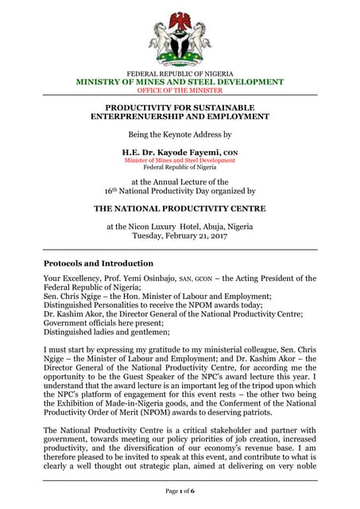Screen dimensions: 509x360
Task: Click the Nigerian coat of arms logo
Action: tap(180, 37)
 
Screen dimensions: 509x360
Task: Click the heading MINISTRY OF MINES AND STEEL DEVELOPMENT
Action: tap(180, 82)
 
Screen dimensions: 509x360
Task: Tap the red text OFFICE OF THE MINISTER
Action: tap(180, 91)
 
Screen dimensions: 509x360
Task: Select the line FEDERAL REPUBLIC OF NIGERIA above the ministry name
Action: tap(180, 73)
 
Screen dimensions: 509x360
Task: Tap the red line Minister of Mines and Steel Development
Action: tap(180, 160)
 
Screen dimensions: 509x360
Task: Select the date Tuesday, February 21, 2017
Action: tap(180, 236)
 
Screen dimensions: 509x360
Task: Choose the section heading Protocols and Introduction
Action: tap(99, 263)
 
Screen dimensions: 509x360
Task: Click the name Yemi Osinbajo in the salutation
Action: tap(167, 279)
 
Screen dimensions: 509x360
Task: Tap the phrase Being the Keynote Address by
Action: tap(180, 134)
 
